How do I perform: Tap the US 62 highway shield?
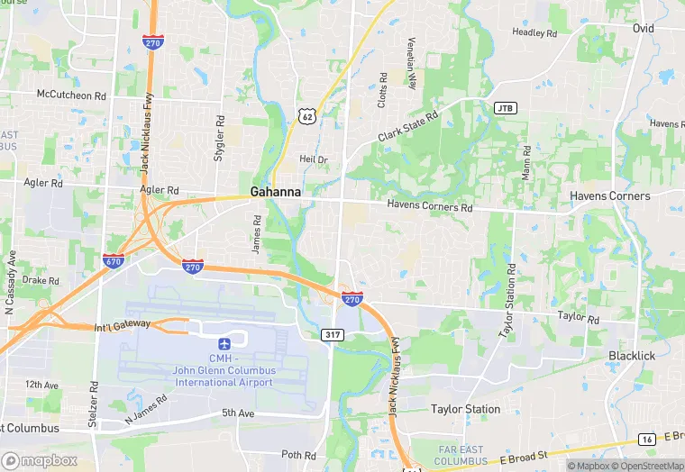click(x=307, y=115)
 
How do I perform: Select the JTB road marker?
click(x=506, y=108)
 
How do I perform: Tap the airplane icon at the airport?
click(x=224, y=343)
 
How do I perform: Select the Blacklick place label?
click(x=631, y=356)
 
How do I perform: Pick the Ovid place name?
click(x=643, y=29)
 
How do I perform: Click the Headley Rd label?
click(x=534, y=32)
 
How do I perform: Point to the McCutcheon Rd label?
click(x=71, y=95)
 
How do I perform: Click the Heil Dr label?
click(x=314, y=159)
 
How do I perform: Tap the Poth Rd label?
click(x=298, y=455)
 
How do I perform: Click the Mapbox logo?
click(x=40, y=460)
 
